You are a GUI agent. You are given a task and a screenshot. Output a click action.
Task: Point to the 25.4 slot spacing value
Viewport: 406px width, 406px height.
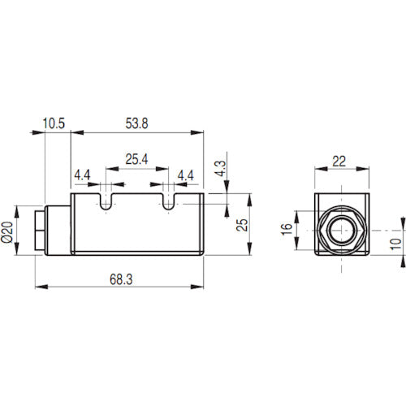point(136,160)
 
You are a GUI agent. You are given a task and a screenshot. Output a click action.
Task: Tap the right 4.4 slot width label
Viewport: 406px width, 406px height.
point(185,175)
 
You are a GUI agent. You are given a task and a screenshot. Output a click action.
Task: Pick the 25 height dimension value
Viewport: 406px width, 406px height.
point(241,224)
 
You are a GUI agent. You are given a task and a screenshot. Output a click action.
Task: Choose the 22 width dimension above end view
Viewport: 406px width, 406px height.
point(340,161)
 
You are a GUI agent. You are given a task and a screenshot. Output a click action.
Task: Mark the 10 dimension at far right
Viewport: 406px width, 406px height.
point(395,242)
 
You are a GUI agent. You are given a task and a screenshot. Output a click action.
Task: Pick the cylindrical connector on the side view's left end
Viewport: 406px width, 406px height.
point(43,231)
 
